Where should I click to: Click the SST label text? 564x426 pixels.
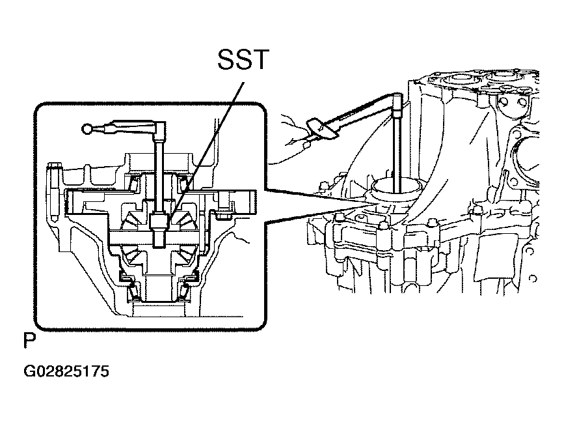(243, 59)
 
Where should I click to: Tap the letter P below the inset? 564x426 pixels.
(30, 340)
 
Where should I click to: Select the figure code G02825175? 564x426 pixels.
(66, 371)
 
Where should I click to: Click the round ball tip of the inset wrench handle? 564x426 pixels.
(87, 128)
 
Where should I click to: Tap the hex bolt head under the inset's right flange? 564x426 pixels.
(222, 215)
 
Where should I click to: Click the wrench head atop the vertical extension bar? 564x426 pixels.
(397, 105)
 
